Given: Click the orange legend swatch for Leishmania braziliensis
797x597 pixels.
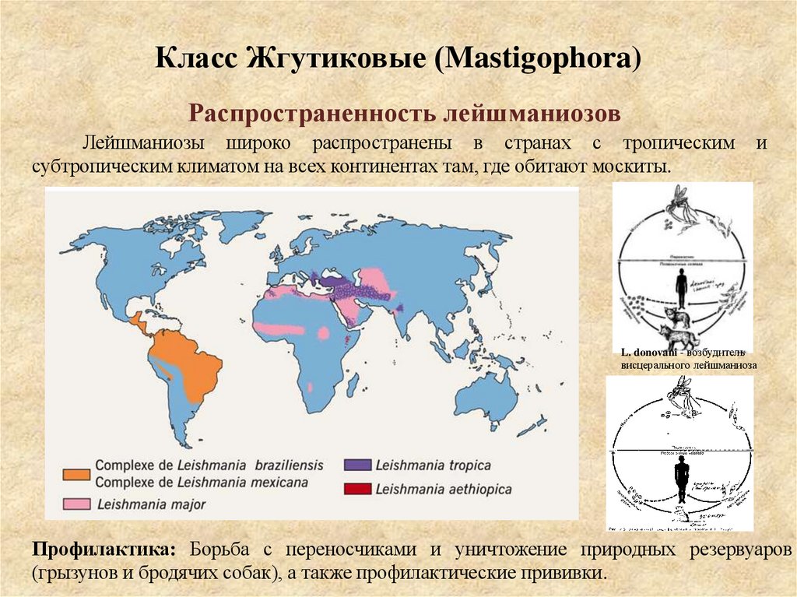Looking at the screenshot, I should [75, 473].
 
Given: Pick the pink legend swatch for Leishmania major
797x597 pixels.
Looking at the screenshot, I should [75, 504].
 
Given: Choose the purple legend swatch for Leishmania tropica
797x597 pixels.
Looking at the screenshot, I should [356, 465].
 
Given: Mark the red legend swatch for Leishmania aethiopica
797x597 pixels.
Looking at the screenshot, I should [356, 489].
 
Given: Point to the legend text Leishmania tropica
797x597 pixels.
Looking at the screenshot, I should [433, 465].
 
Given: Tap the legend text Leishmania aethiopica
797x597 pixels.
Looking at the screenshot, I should [443, 489].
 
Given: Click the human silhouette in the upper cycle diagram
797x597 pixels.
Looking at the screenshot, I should [682, 287].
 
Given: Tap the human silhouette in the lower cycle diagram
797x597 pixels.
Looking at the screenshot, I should [683, 479].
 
